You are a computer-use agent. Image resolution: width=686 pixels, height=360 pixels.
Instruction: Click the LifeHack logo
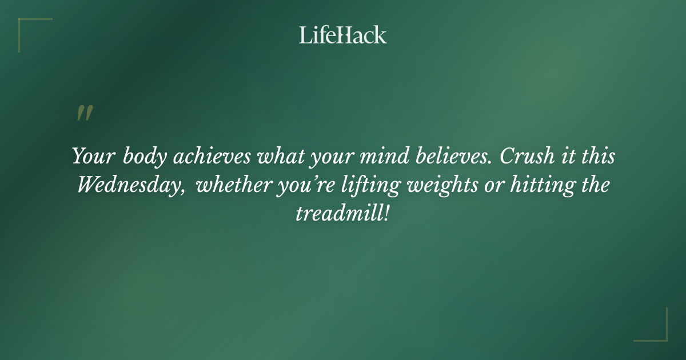click(x=343, y=35)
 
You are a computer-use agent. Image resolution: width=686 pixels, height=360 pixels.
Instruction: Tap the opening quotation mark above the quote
click(x=84, y=113)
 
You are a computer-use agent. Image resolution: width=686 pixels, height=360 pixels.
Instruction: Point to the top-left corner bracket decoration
click(x=26, y=26)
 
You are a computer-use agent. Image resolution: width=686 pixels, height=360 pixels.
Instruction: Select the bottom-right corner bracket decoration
click(x=660, y=334)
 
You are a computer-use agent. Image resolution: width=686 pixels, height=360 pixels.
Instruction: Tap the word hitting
click(x=537, y=185)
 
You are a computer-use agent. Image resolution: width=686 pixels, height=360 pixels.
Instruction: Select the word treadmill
click(x=338, y=214)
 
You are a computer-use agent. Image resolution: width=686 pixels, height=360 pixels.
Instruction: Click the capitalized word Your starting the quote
click(x=94, y=157)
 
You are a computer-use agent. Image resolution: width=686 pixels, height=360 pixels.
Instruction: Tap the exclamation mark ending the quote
click(x=387, y=214)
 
